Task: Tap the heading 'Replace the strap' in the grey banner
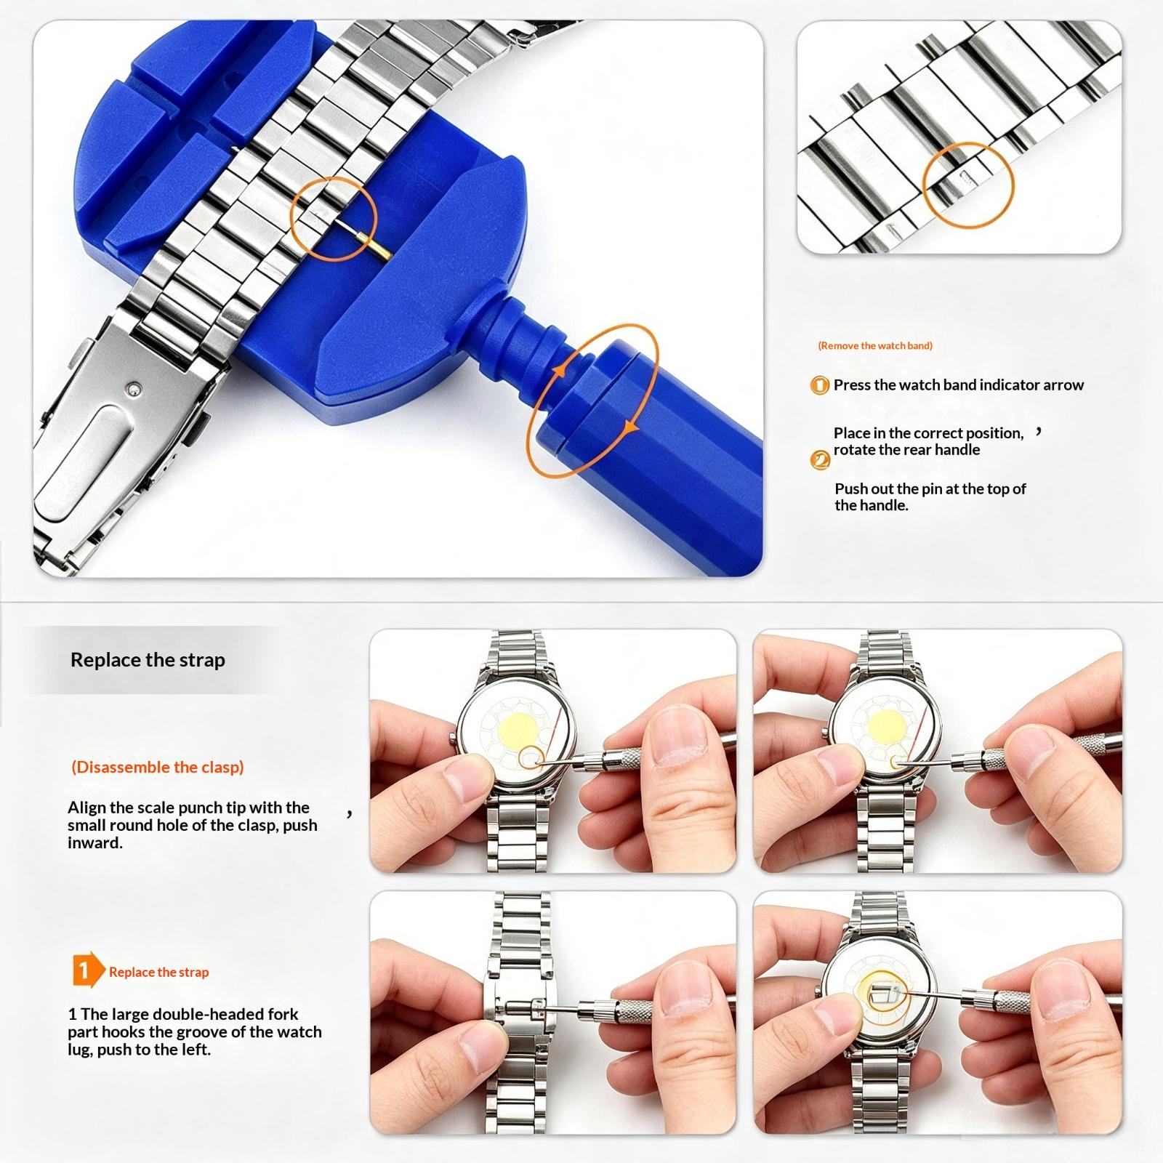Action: tap(148, 660)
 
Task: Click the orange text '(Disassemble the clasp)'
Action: tap(158, 767)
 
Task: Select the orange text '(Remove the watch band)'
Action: tap(875, 345)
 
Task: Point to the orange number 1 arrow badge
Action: tap(88, 970)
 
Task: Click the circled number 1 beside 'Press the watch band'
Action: tap(819, 385)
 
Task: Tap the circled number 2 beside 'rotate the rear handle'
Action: tap(819, 459)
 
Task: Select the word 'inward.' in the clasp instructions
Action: tap(95, 843)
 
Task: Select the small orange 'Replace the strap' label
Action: tap(159, 972)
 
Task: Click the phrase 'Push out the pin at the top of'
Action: tap(930, 488)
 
